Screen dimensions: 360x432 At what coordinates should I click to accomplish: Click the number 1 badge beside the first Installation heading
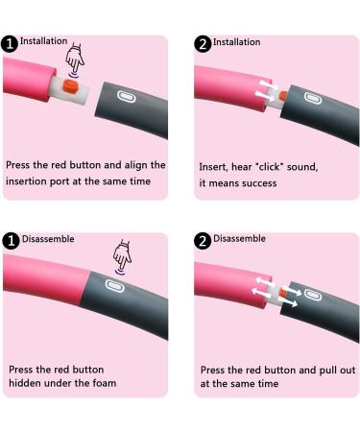click(10, 44)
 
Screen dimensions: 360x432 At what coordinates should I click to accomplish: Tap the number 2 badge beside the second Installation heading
click(203, 44)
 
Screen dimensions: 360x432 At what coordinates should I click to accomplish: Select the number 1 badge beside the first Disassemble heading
click(12, 241)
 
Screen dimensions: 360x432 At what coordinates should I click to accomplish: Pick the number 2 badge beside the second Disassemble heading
click(203, 241)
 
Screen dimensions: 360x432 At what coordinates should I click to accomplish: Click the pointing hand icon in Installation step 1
click(75, 60)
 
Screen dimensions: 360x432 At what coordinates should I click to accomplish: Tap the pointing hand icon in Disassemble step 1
click(122, 256)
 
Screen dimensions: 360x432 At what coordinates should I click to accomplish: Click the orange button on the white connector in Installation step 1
click(70, 86)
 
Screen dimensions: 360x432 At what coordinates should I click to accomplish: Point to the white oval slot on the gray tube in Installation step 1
click(127, 97)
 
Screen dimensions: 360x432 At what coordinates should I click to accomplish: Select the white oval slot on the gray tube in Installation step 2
click(313, 98)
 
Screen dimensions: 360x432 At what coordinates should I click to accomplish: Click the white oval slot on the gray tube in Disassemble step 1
click(114, 285)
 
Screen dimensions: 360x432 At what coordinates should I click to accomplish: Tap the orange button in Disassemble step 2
click(282, 292)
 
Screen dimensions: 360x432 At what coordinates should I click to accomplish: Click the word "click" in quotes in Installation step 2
click(271, 167)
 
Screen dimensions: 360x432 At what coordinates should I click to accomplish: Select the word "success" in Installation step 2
click(259, 183)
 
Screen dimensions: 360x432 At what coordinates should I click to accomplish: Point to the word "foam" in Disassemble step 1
click(105, 383)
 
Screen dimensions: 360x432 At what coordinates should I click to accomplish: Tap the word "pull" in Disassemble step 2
click(328, 371)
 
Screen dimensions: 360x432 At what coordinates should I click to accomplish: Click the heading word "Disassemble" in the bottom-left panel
click(48, 239)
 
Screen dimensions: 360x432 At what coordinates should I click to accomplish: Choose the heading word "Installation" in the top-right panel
click(236, 42)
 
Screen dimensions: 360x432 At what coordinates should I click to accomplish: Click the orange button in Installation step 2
click(283, 95)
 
